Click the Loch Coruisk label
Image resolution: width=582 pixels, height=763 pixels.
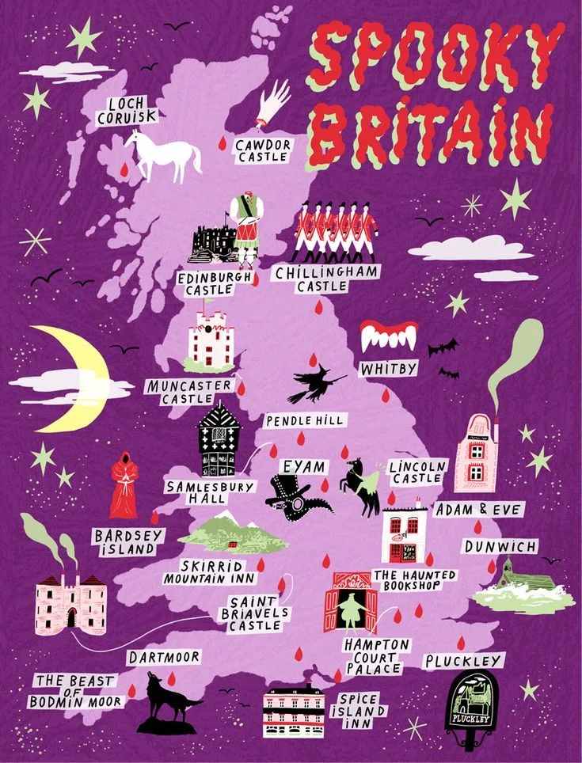tap(127, 111)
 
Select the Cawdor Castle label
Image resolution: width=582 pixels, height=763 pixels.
tap(264, 151)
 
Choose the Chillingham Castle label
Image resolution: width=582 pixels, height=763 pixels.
tap(325, 279)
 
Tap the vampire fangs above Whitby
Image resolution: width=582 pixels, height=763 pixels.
tap(387, 336)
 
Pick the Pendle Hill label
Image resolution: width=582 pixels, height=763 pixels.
tap(305, 420)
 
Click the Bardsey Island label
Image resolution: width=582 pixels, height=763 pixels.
tap(127, 542)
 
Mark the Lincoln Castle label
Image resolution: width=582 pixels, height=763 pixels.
tap(418, 473)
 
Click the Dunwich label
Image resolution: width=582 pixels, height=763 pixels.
tap(500, 546)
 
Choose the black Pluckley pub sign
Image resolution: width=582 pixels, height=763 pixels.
tap(474, 704)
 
